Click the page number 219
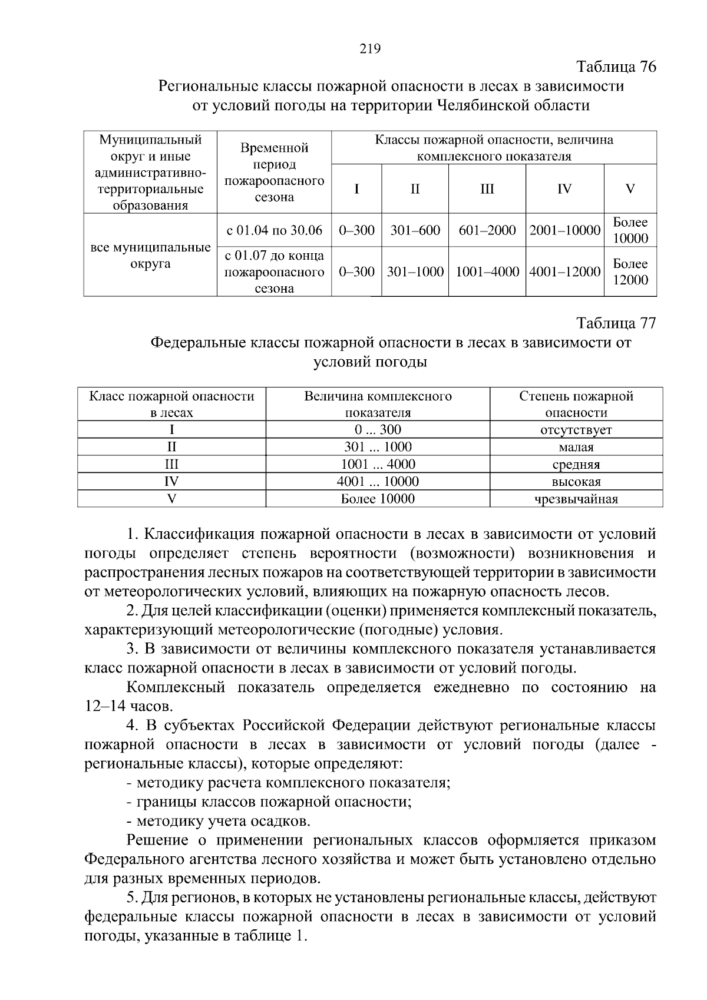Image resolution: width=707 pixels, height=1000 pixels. [370, 49]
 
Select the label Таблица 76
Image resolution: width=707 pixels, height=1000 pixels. [616, 67]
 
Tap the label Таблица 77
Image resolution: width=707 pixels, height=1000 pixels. [616, 323]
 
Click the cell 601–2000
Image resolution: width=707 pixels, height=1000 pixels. [487, 230]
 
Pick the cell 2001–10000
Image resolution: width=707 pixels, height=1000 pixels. [564, 230]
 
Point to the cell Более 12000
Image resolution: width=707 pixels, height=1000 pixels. [630, 271]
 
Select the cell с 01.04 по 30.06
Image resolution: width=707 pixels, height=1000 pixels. [275, 230]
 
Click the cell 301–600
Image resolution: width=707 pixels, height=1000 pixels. [415, 230]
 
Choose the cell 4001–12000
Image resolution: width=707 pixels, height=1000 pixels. [564, 271]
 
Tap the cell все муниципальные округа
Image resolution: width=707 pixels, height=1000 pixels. [150, 255]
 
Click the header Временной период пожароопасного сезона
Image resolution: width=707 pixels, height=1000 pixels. [275, 173]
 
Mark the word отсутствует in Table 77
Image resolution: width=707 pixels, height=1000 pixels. [576, 430]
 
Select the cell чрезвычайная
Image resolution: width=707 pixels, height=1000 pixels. [576, 499]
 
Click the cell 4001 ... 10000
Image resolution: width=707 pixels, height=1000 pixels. [378, 482]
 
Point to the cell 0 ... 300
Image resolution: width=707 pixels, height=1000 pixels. [378, 430]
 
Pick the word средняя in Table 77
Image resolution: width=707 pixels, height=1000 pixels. [576, 465]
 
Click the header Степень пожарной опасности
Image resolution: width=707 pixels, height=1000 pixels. [576, 404]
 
